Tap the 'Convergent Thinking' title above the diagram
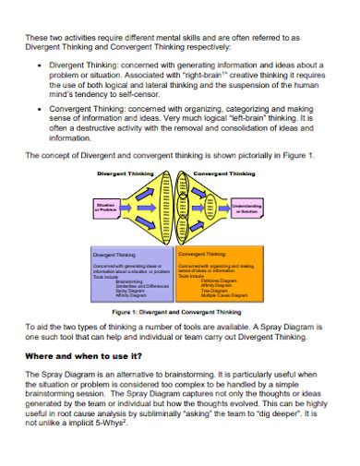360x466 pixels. (x=225, y=173)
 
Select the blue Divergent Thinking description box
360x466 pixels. (x=131, y=272)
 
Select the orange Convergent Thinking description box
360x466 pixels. (x=220, y=272)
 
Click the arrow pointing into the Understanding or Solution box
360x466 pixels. (x=226, y=209)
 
